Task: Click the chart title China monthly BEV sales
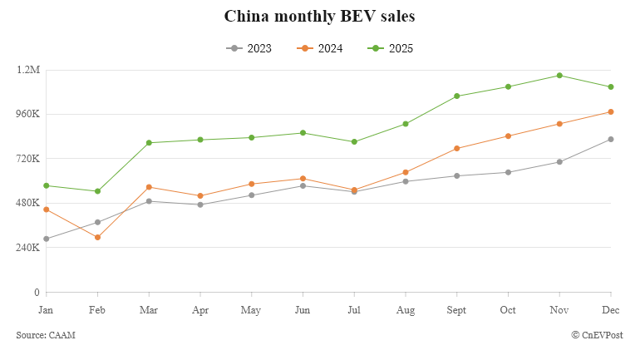click(x=320, y=17)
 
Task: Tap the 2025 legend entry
click(x=390, y=48)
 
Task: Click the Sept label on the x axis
click(x=456, y=309)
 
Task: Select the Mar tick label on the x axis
click(x=149, y=309)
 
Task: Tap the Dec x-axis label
click(x=611, y=309)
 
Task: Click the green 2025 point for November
click(x=559, y=76)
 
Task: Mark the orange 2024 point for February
click(x=98, y=238)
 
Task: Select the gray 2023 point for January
click(x=47, y=239)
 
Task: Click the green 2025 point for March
click(x=149, y=143)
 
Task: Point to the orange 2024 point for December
click(x=611, y=111)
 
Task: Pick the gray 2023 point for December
click(x=611, y=139)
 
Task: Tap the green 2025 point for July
click(x=354, y=142)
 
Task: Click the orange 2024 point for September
click(x=456, y=148)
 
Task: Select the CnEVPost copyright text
click(x=597, y=334)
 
